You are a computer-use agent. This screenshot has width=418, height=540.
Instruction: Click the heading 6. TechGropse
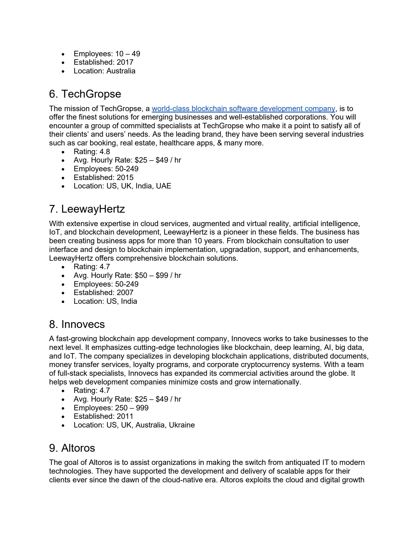pyautogui.click(x=85, y=94)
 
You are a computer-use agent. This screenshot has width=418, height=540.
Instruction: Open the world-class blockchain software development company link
pyautogui.click(x=243, y=109)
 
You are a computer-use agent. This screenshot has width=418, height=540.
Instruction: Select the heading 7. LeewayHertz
pyautogui.click(x=87, y=209)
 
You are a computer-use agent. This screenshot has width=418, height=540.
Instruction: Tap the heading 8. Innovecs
pyautogui.click(x=77, y=324)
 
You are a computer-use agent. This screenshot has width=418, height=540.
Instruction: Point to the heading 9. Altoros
pyautogui.click(x=72, y=448)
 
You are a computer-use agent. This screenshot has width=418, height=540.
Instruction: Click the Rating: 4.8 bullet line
pyautogui.click(x=92, y=152)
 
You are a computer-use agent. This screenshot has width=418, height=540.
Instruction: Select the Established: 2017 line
pyautogui.click(x=103, y=62)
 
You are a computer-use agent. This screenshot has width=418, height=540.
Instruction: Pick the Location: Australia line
pyautogui.click(x=105, y=71)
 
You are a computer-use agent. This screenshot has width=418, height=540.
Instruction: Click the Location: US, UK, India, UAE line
pyautogui.click(x=122, y=186)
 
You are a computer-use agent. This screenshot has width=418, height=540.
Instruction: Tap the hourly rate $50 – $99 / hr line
pyautogui.click(x=127, y=275)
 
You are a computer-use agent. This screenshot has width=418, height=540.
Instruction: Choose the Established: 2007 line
pyautogui.click(x=103, y=292)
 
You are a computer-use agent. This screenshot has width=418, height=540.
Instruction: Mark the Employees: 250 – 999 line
pyautogui.click(x=111, y=408)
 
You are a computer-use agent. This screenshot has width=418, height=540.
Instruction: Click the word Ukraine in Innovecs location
pyautogui.click(x=182, y=425)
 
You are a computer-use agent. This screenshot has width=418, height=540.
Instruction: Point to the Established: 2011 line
pyautogui.click(x=103, y=416)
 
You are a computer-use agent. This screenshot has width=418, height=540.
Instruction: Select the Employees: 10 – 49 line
pyautogui.click(x=107, y=54)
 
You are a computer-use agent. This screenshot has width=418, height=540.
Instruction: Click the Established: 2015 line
pyautogui.click(x=103, y=177)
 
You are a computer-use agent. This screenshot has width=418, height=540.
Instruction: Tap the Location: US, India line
pyautogui.click(x=105, y=301)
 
